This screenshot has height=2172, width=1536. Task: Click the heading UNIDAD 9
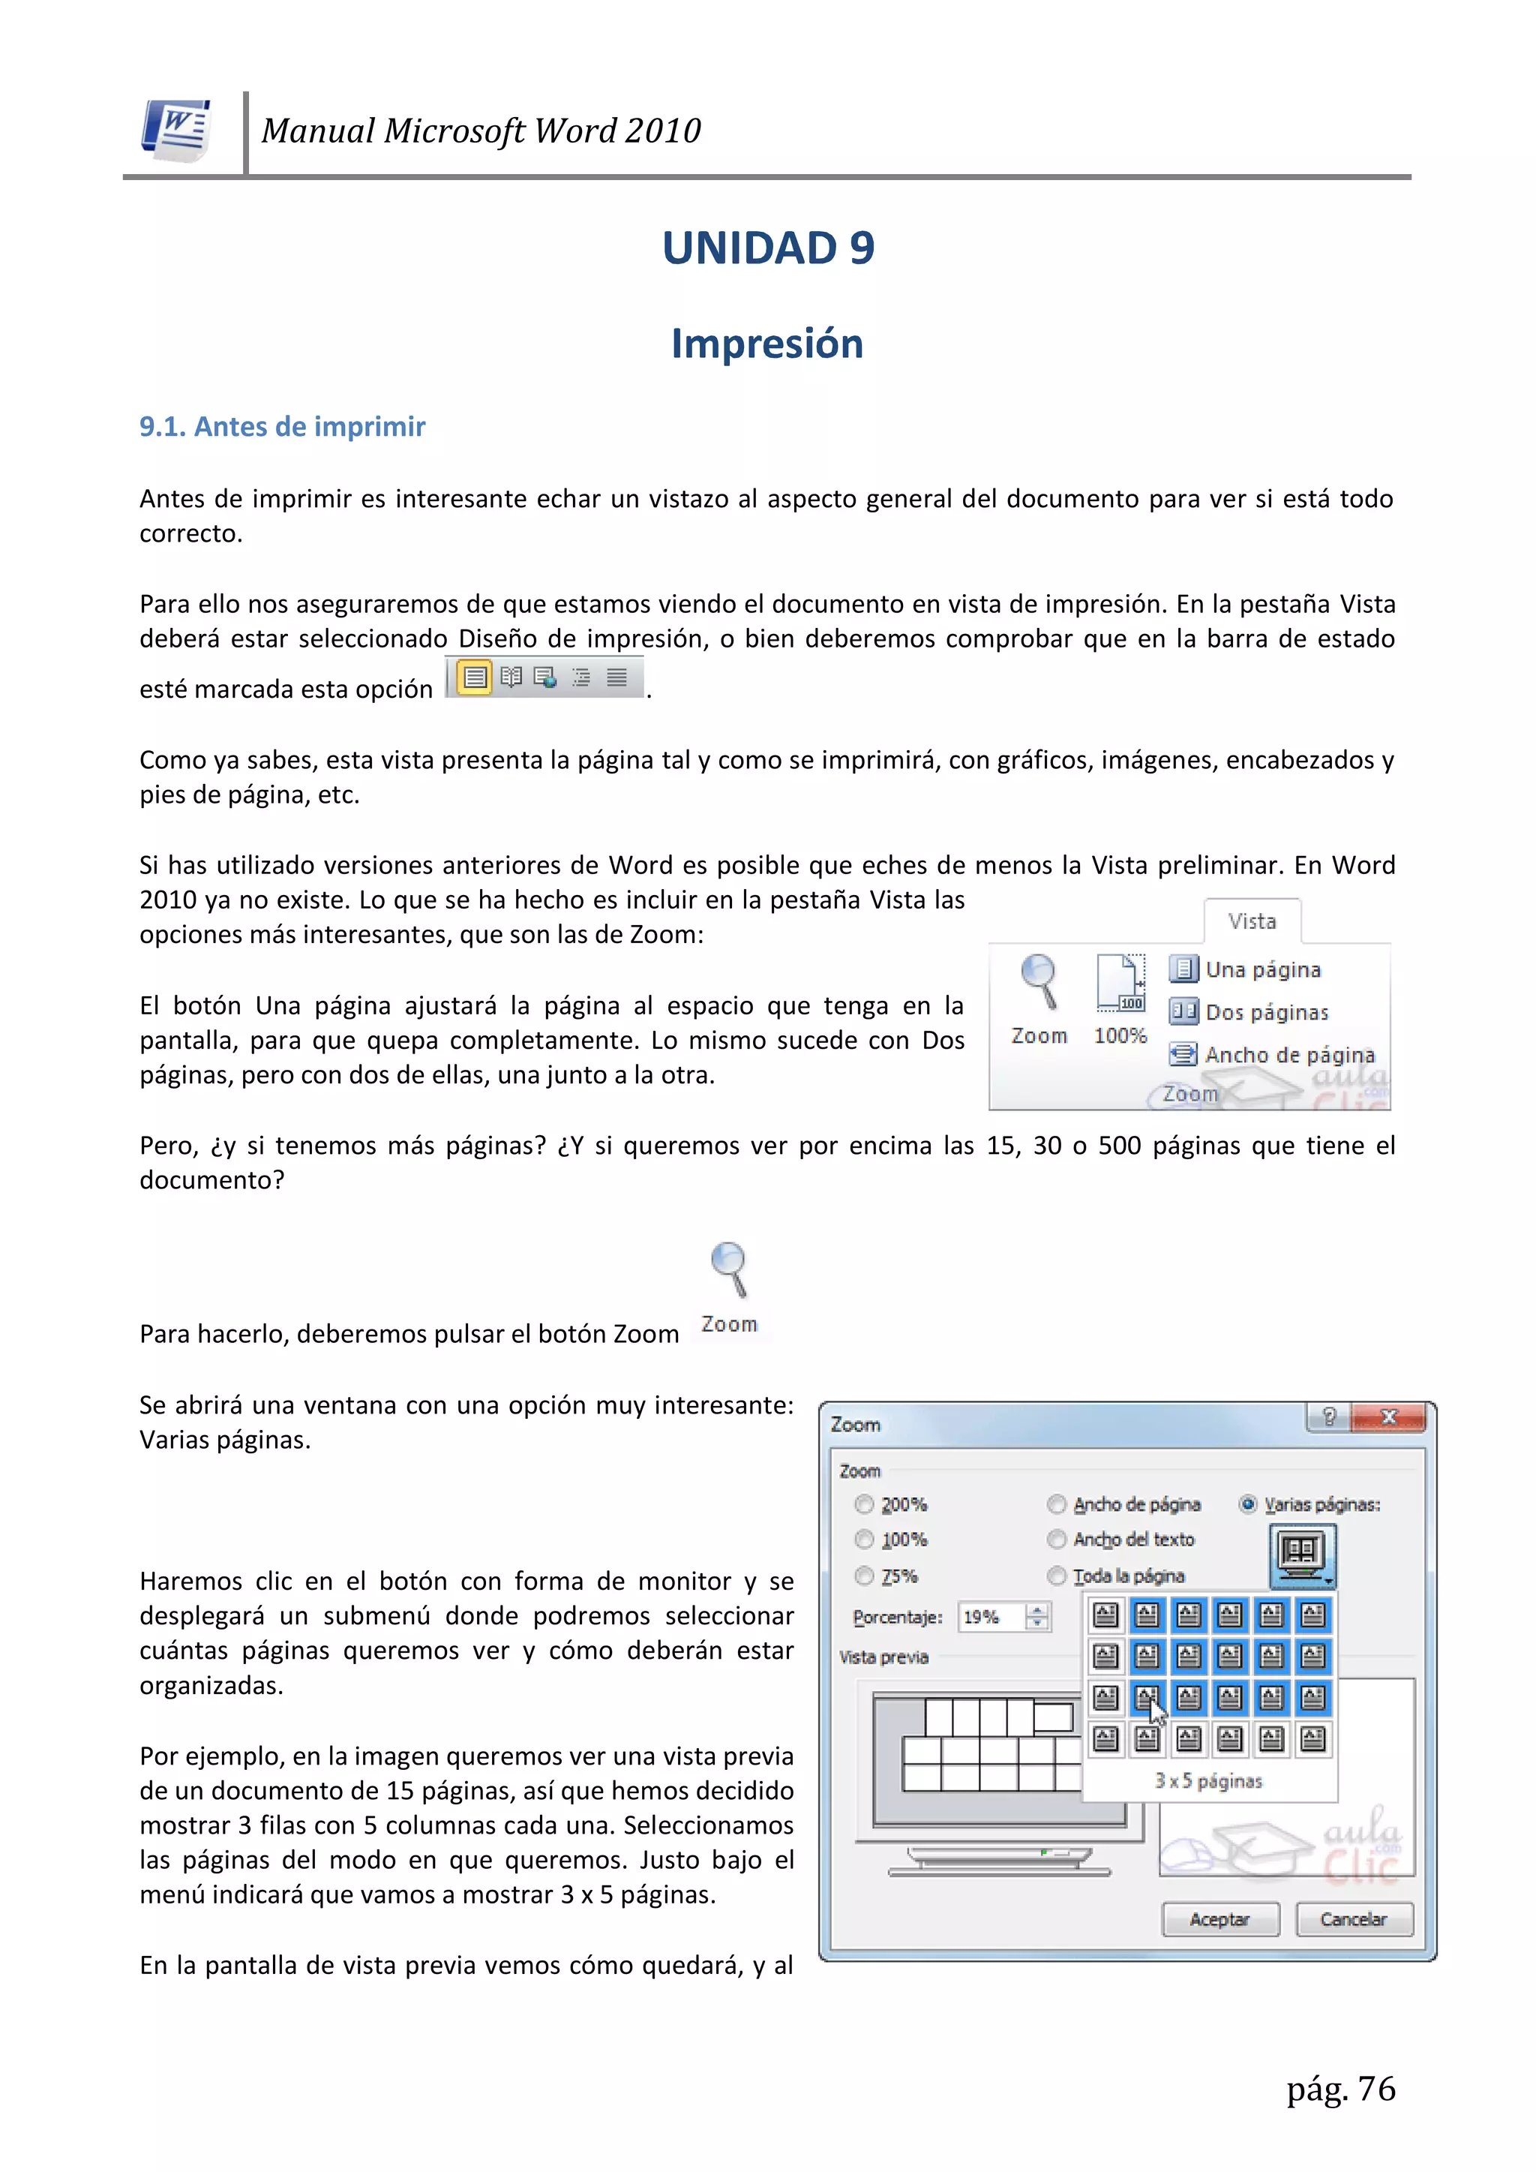[768, 248]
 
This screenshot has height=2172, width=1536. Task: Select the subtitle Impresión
[767, 344]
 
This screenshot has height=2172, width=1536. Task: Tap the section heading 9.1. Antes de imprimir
[282, 427]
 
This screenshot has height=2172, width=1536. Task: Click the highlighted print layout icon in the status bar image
[475, 677]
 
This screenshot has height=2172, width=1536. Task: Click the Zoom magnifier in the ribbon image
[1039, 984]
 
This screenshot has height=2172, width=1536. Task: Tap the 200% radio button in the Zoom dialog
[863, 1504]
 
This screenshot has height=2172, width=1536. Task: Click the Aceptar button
[1220, 1919]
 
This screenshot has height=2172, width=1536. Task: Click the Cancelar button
[1354, 1919]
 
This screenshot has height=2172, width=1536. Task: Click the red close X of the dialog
[1388, 1417]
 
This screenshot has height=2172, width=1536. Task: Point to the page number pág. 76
[1340, 2089]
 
